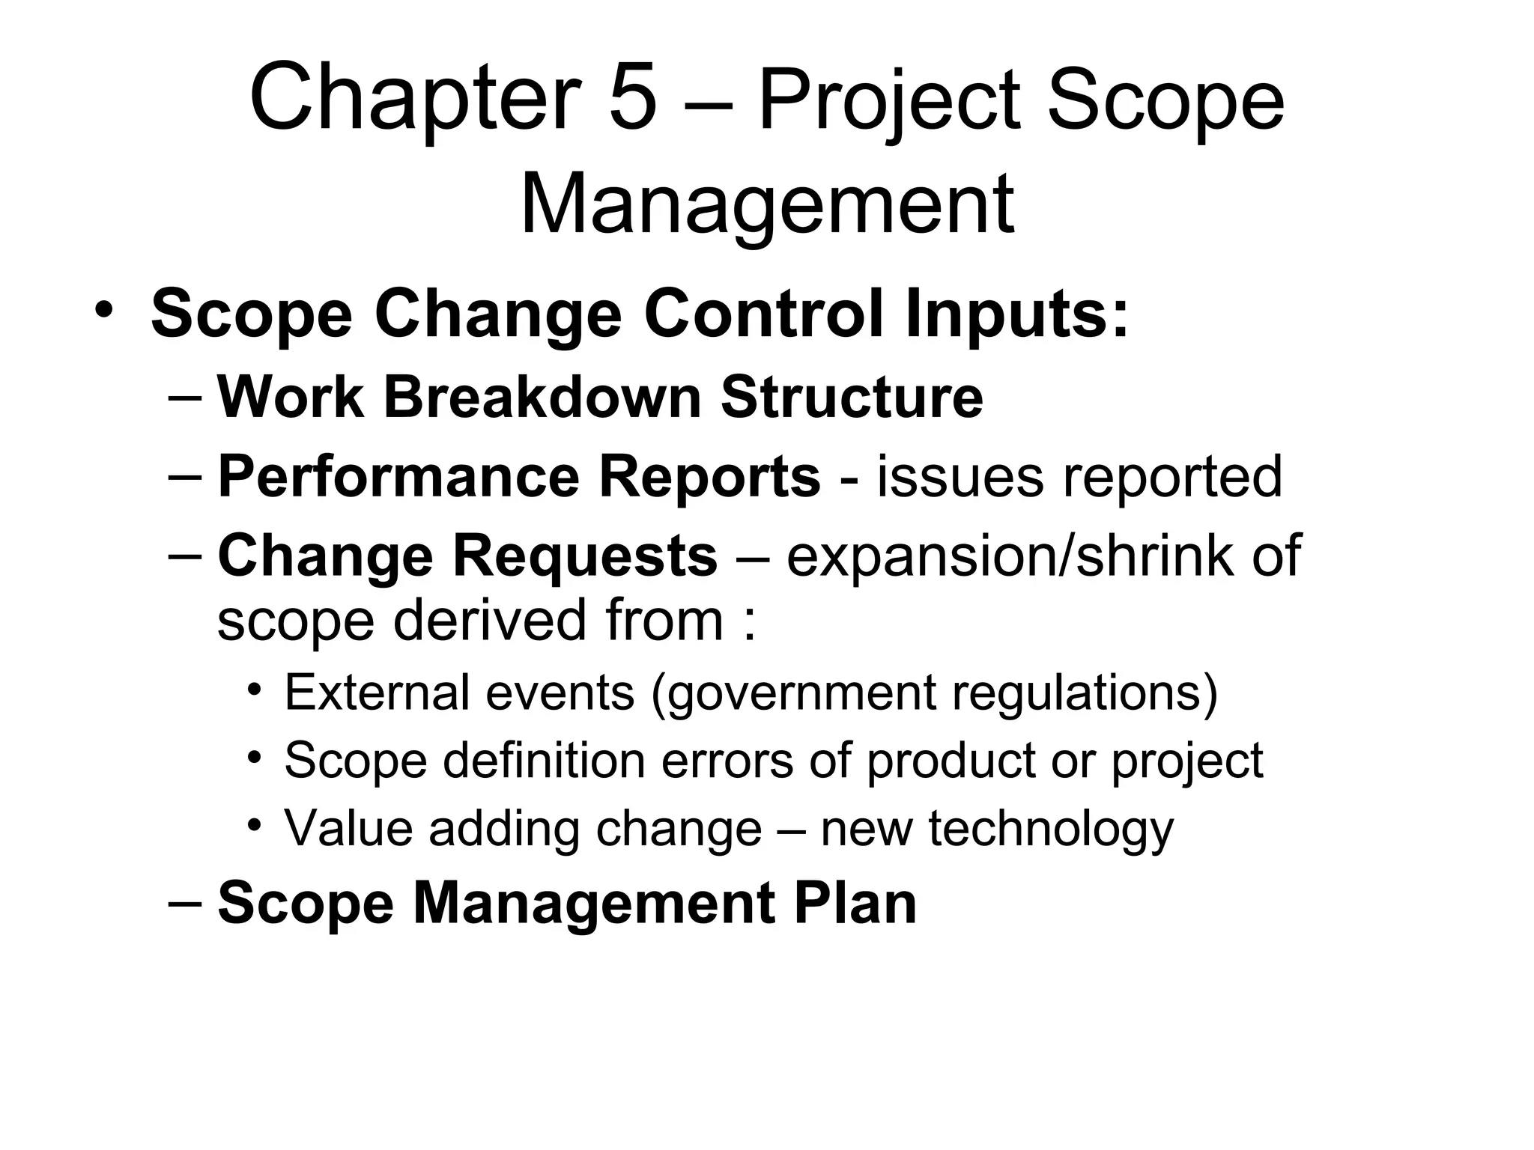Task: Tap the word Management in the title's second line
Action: (x=767, y=204)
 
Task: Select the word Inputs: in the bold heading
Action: (x=1016, y=314)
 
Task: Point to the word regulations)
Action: (x=1085, y=692)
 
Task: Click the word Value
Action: (x=348, y=829)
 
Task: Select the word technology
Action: (x=1050, y=829)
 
